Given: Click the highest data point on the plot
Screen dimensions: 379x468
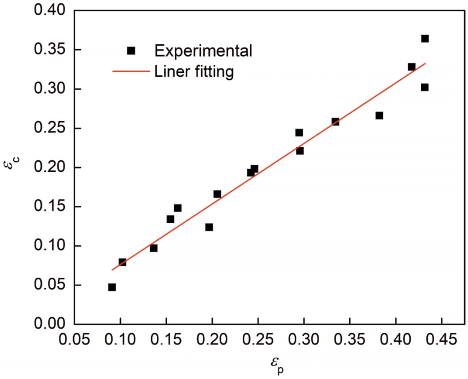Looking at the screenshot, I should [x=424, y=38].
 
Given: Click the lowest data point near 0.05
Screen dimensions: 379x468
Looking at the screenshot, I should [x=112, y=287].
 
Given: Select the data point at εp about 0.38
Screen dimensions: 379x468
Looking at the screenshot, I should [x=379, y=115].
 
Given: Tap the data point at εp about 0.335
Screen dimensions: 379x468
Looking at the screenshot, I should [x=335, y=122].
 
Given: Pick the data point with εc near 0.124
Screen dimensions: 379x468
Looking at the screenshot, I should [x=209, y=227].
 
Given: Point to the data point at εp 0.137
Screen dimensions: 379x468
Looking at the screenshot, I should [x=153, y=248].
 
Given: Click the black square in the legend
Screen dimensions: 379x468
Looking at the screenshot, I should [x=131, y=50].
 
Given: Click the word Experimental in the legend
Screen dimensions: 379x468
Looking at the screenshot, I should [x=203, y=50].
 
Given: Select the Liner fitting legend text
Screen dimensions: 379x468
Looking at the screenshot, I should [x=194, y=72].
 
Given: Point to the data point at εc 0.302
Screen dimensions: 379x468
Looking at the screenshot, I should [x=424, y=87].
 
